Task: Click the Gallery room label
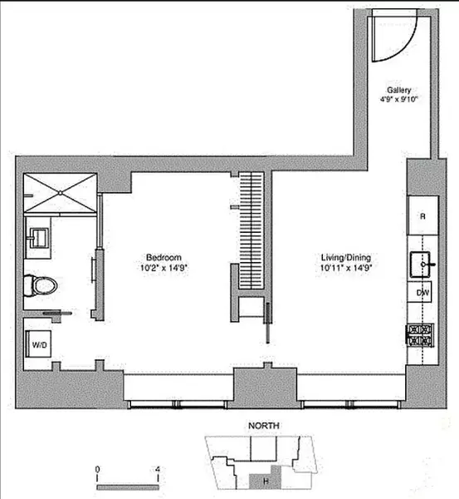click(x=398, y=90)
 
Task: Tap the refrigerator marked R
click(x=422, y=215)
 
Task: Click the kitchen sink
click(x=423, y=265)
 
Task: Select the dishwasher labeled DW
click(x=422, y=294)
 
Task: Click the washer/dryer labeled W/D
click(x=40, y=343)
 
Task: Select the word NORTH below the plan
click(x=264, y=426)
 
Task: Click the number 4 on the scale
click(x=157, y=469)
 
